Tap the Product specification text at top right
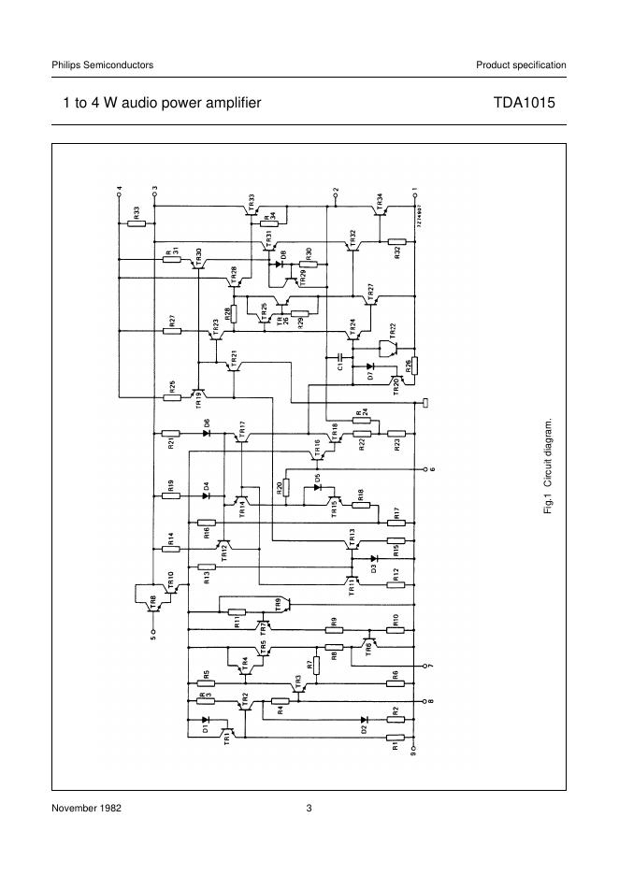pos(521,65)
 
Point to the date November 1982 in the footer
pos(87,808)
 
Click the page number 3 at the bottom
pos(309,808)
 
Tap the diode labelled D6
pos(206,433)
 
